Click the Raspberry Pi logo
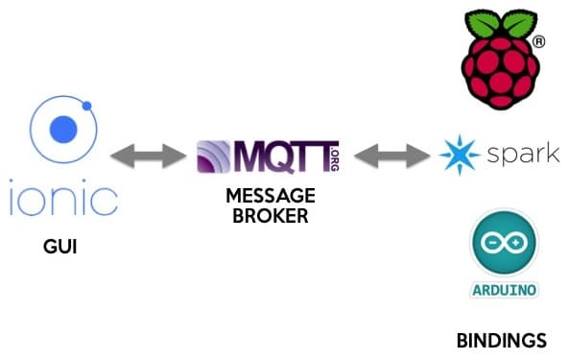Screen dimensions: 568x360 click(500, 60)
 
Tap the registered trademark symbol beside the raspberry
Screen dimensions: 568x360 click(538, 42)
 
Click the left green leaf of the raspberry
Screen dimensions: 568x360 click(483, 24)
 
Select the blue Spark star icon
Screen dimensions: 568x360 click(460, 155)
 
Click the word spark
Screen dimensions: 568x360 click(524, 154)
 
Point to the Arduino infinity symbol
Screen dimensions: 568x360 click(505, 242)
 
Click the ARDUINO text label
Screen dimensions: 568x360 click(505, 290)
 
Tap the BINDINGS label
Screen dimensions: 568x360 click(502, 341)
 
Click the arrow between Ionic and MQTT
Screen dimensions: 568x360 click(148, 156)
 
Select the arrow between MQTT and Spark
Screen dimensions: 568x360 click(392, 156)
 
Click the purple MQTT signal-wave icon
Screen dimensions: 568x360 click(213, 156)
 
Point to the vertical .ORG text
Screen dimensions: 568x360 click(335, 158)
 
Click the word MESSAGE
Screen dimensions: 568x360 click(271, 196)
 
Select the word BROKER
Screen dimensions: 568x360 click(271, 216)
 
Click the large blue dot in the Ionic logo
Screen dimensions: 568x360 click(63, 130)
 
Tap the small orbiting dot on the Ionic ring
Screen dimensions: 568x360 click(86, 106)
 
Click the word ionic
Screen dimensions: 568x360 click(63, 197)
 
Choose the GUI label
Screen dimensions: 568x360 click(60, 247)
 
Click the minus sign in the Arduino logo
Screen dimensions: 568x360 click(493, 242)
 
